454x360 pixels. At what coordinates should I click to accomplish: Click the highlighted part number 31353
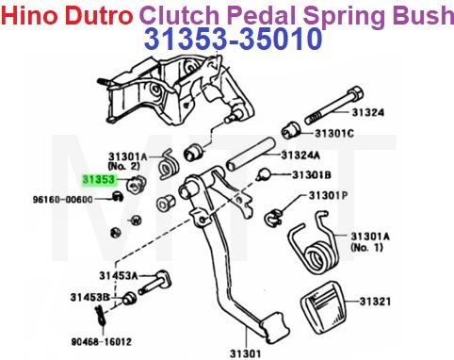pos(97,175)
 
